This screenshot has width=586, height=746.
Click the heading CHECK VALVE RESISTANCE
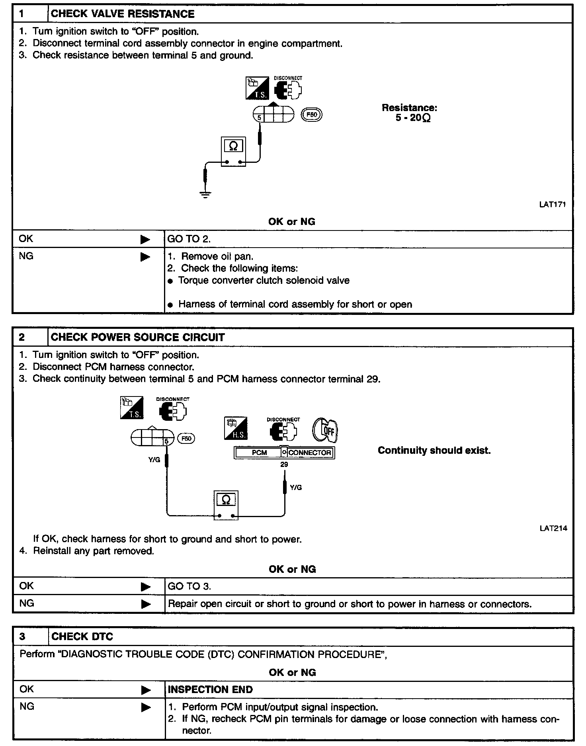pyautogui.click(x=123, y=14)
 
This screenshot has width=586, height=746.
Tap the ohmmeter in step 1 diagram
pyautogui.click(x=233, y=152)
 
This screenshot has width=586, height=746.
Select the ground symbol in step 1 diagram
pyautogui.click(x=205, y=195)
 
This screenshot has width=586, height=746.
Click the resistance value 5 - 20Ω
pyautogui.click(x=413, y=118)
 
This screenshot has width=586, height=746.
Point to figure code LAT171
pyautogui.click(x=552, y=205)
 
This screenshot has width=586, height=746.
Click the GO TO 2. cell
pyautogui.click(x=189, y=239)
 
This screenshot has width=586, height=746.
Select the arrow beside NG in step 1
pyautogui.click(x=145, y=257)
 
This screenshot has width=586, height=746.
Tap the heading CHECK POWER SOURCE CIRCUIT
pyautogui.click(x=138, y=337)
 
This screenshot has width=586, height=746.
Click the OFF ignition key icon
pyautogui.click(x=325, y=430)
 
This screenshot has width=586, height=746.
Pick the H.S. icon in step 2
pyautogui.click(x=236, y=428)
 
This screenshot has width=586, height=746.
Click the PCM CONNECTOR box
pyautogui.click(x=284, y=453)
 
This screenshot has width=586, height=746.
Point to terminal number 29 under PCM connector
pyautogui.click(x=284, y=465)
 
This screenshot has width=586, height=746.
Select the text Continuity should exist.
pyautogui.click(x=434, y=451)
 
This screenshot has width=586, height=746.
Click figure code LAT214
pyautogui.click(x=553, y=528)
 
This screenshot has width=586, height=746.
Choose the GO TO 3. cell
pyautogui.click(x=189, y=586)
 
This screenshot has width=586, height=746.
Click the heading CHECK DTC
pyautogui.click(x=82, y=637)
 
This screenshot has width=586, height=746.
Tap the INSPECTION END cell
pyautogui.click(x=210, y=689)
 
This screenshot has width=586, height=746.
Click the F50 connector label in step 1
pyautogui.click(x=312, y=115)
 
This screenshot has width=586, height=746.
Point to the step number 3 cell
pyautogui.click(x=22, y=637)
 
